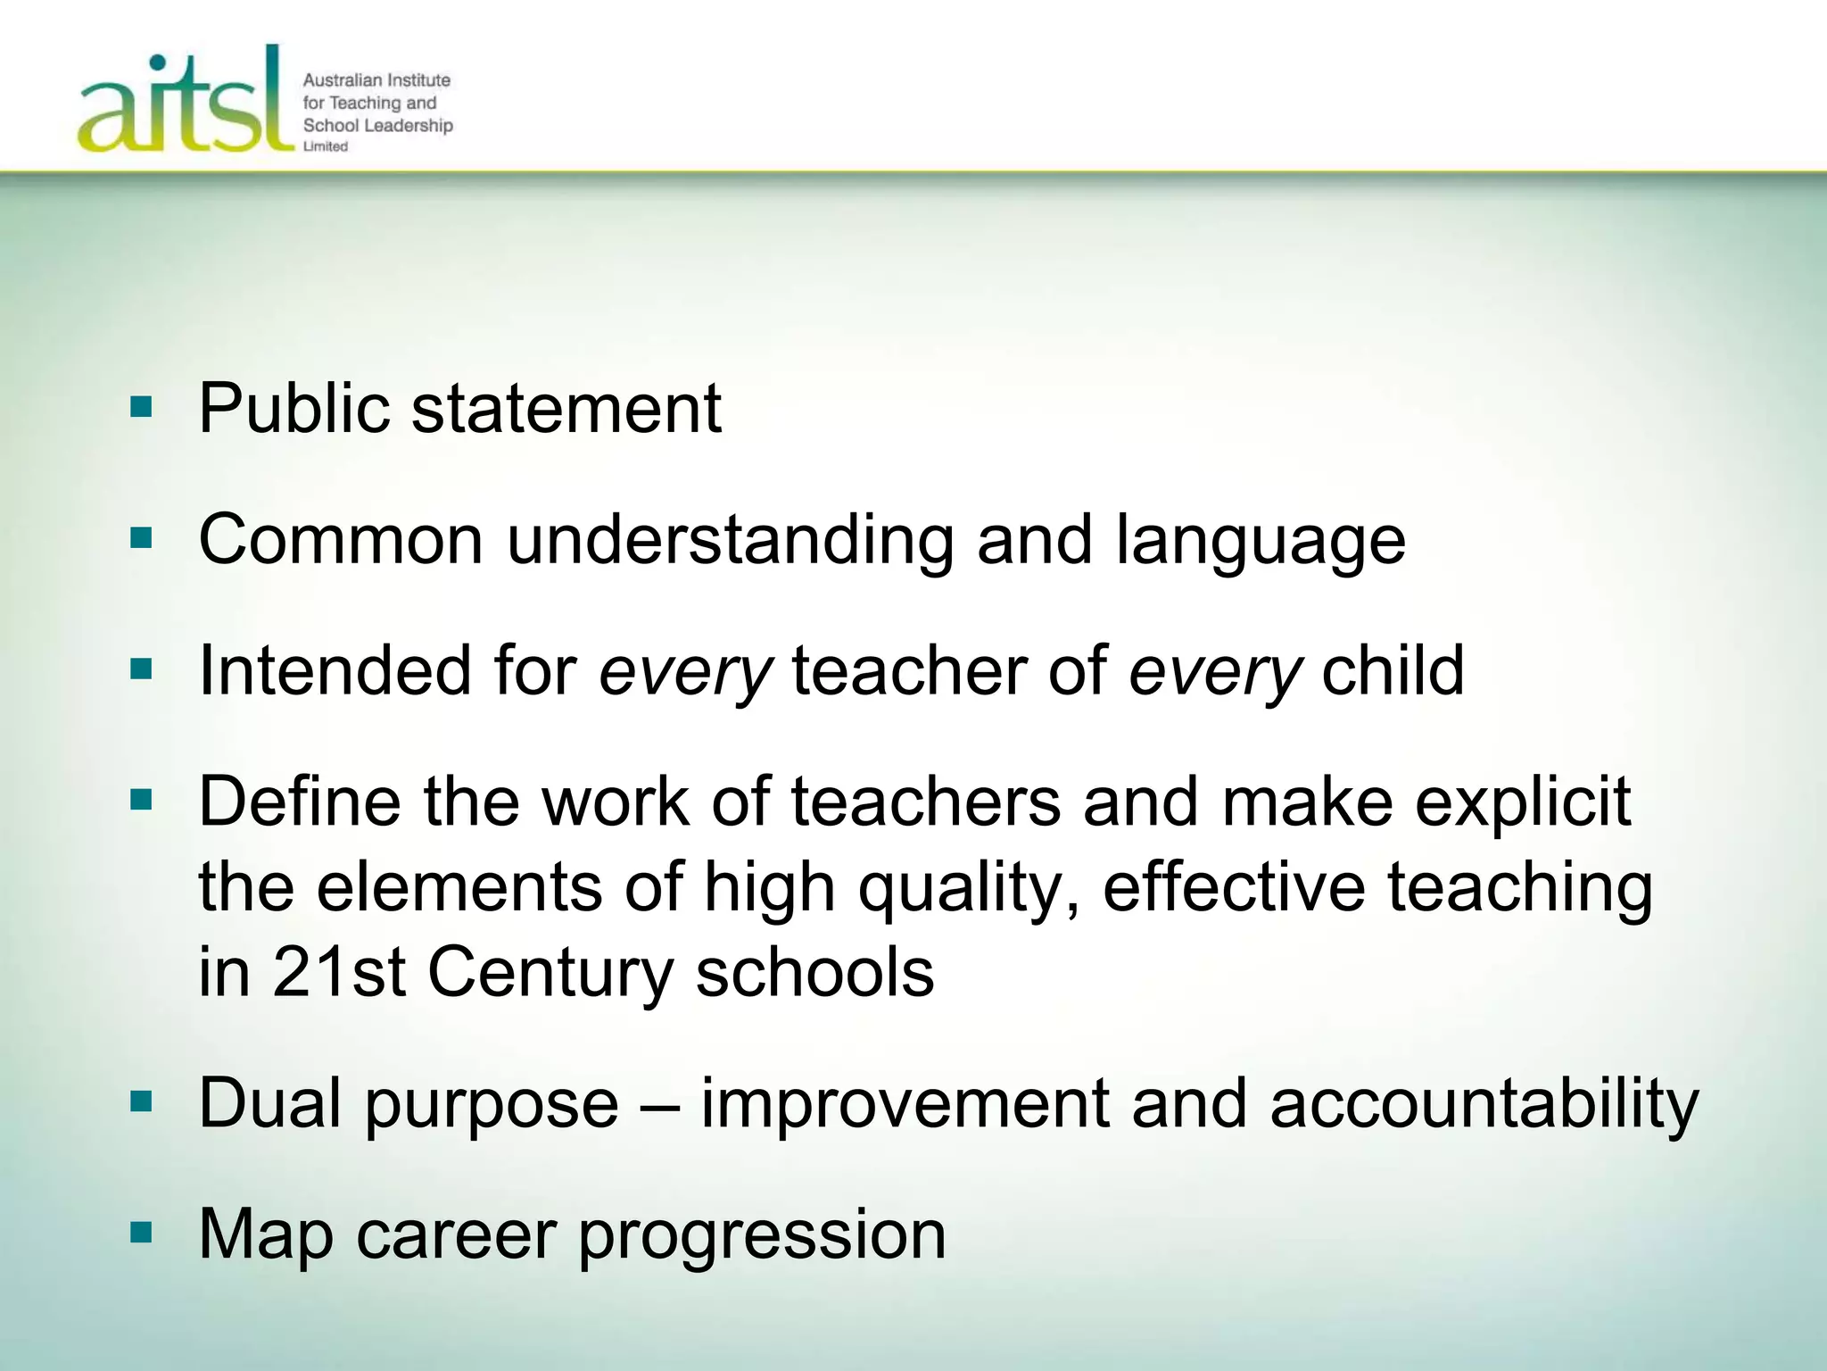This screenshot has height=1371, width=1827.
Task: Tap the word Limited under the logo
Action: coord(325,146)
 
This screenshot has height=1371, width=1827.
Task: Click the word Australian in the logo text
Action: coord(343,80)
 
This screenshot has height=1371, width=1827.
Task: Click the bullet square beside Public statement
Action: coord(141,408)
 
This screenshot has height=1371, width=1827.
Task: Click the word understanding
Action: coord(730,541)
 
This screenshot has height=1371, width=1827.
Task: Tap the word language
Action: coord(1260,541)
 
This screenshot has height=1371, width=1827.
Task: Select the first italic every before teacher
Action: coord(684,671)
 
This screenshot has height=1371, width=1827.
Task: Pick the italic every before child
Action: coord(1214,671)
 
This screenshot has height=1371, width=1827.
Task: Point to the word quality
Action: coord(969,888)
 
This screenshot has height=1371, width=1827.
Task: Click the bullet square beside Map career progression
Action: coord(141,1234)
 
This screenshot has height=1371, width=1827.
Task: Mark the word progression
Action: coord(763,1236)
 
